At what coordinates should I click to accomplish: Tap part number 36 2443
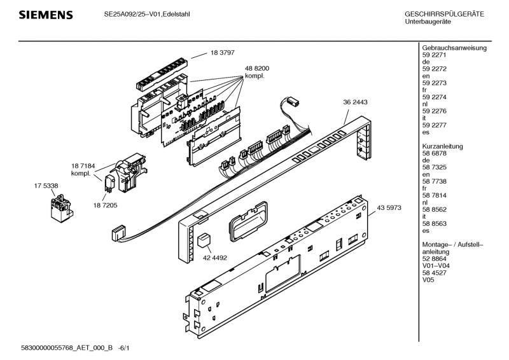[x=355, y=102]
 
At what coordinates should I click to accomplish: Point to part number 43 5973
[x=389, y=207]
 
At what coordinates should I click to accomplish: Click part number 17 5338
[x=46, y=185]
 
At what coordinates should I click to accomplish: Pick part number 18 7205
[x=105, y=205]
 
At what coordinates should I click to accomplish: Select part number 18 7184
[x=83, y=165]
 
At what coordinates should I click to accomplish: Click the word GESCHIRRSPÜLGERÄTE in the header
[x=444, y=14]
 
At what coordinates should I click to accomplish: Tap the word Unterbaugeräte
[x=428, y=22]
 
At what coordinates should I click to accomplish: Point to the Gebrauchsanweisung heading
[x=454, y=48]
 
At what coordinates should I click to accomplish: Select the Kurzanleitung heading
[x=443, y=146]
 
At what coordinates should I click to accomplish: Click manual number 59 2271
[x=435, y=55]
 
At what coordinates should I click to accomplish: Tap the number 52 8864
[x=435, y=259]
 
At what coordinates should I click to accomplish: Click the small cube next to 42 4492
[x=203, y=240]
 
